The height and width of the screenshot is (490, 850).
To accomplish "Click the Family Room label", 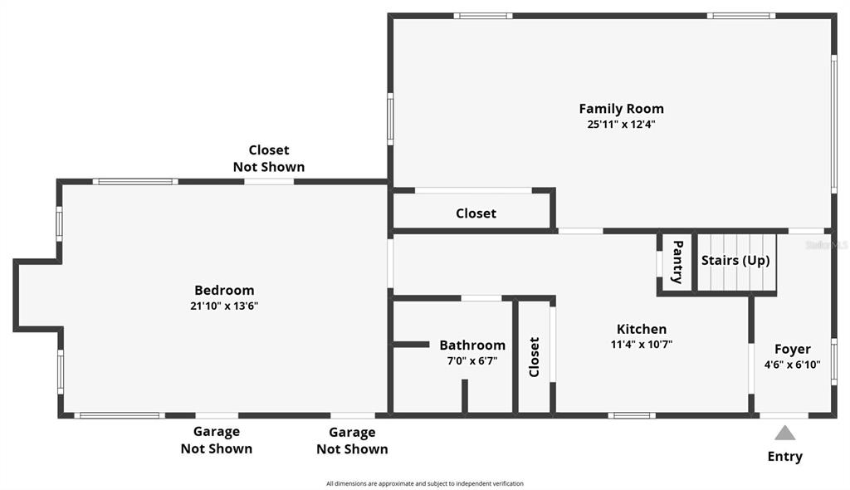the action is coord(621,109).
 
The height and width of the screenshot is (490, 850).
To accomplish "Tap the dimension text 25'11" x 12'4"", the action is coord(621,124).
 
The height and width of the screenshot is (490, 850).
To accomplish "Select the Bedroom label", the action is coord(224,291).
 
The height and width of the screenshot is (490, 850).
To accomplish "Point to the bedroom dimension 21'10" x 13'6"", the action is coord(224,306).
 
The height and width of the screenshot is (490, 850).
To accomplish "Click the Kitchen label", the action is coord(642,329).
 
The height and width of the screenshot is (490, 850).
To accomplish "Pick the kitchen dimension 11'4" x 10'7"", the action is coord(642,344).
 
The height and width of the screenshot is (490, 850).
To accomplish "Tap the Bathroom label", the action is coord(472,345).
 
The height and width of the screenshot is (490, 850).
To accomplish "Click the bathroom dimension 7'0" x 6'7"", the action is coord(472,360).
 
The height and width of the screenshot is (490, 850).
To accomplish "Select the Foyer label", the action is coord(793,350).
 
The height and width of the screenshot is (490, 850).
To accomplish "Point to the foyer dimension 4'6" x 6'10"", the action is coord(793,365).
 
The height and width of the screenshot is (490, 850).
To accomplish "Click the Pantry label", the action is coord(677,262).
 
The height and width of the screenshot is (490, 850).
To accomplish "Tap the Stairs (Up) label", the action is coord(735,261).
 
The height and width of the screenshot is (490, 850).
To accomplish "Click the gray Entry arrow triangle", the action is coord(784,434).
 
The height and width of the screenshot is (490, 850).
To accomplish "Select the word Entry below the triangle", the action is coord(785,456).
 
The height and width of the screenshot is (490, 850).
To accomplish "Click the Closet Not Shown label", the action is coord(269,159).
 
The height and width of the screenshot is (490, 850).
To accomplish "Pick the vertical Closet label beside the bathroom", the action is coord(534,357).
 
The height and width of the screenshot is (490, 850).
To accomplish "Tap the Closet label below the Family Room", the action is coord(476,213).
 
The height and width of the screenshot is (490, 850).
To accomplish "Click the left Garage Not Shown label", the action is coord(217,440).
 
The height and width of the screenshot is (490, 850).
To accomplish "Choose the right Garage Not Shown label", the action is coord(352,441).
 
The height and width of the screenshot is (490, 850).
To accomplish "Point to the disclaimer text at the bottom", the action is coord(425,483).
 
